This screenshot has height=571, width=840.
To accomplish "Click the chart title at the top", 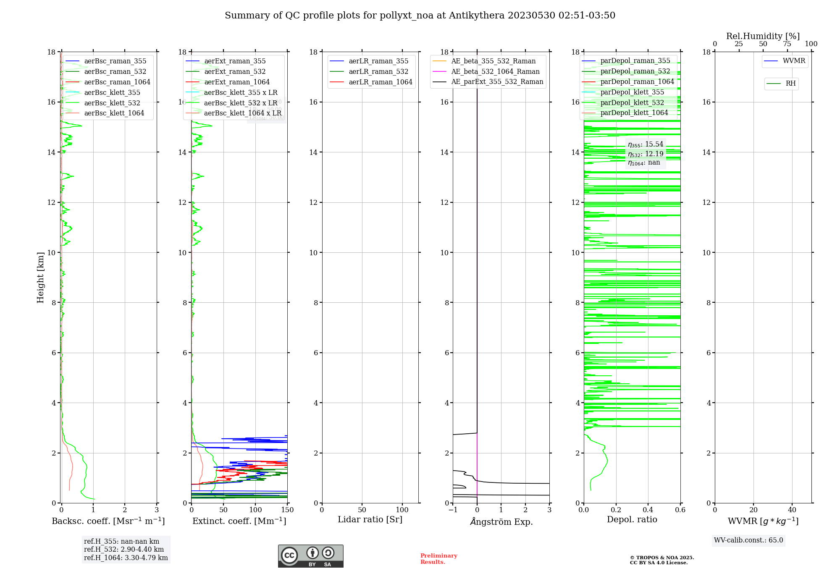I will pyautogui.click(x=420, y=16).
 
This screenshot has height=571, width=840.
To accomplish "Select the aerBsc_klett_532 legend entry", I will pyautogui.click(x=112, y=103).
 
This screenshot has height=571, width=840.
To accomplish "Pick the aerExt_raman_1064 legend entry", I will pyautogui.click(x=237, y=82).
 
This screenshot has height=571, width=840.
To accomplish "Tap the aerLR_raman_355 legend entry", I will pyautogui.click(x=378, y=61).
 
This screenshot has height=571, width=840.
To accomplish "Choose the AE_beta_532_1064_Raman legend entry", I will pyautogui.click(x=495, y=71).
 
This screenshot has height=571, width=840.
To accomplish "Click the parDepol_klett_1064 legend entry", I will pyautogui.click(x=634, y=113).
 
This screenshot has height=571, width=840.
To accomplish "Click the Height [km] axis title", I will pyautogui.click(x=40, y=277).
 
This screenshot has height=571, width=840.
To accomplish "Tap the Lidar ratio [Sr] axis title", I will pyautogui.click(x=370, y=519).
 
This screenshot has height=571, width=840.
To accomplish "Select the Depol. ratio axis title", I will pyautogui.click(x=632, y=519).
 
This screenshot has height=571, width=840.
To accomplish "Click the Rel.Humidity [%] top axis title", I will pyautogui.click(x=763, y=36).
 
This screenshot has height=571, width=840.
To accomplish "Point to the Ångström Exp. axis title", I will pyautogui.click(x=501, y=521).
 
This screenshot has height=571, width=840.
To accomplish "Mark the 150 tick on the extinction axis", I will pyautogui.click(x=287, y=510).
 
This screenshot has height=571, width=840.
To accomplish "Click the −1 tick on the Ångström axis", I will pyautogui.click(x=453, y=510).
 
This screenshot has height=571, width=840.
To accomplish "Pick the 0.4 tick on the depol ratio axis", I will pyautogui.click(x=648, y=510).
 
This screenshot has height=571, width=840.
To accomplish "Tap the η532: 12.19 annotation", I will pyautogui.click(x=646, y=154).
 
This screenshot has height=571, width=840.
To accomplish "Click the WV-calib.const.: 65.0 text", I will pyautogui.click(x=748, y=540).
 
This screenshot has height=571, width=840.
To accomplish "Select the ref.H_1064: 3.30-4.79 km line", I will pyautogui.click(x=126, y=558).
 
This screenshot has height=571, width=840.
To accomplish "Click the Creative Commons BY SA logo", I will pyautogui.click(x=310, y=556).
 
